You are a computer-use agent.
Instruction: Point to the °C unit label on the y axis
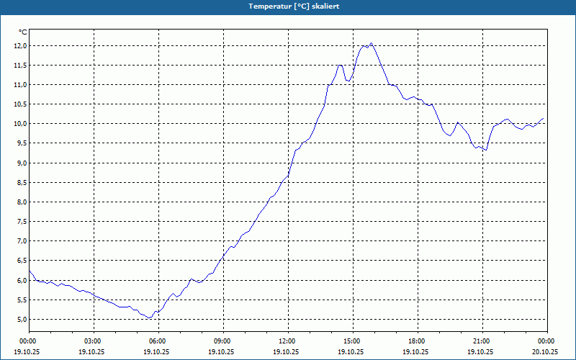[22, 32]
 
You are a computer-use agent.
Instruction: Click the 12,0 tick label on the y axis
[20, 45]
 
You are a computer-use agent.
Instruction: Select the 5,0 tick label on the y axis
[20, 319]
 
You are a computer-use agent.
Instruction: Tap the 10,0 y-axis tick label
[20, 124]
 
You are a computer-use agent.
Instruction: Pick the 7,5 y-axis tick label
[20, 221]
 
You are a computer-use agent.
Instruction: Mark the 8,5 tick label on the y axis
[20, 182]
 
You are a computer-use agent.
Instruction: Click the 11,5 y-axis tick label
[20, 65]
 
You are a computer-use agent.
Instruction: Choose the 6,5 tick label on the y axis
[20, 261]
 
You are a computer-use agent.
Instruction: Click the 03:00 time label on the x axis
[93, 341]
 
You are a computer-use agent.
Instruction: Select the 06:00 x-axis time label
[158, 341]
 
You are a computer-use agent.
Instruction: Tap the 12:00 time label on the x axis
[287, 341]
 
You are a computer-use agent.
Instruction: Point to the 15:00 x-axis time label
[352, 341]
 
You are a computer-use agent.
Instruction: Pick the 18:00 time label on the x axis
[417, 341]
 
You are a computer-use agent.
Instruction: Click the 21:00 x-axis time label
[482, 341]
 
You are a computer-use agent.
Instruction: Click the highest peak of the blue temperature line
[372, 43]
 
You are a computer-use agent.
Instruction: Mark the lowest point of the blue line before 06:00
[150, 318]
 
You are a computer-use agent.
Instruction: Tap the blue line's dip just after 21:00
[487, 150]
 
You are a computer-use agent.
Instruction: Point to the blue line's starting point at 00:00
[30, 270]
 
